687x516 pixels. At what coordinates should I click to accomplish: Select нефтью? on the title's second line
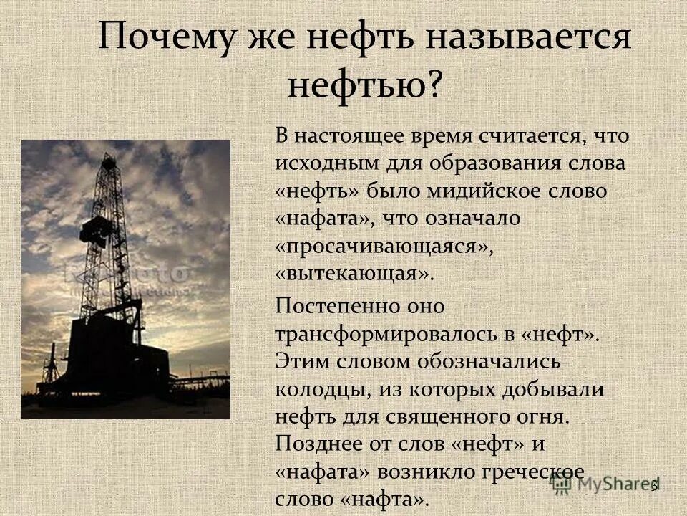click(365, 85)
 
